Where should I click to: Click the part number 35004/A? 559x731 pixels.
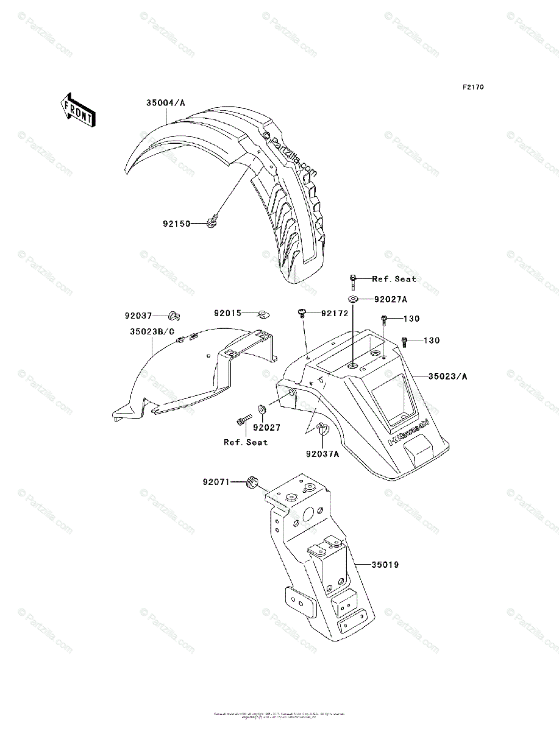165,103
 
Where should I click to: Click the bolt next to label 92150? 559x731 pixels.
213,224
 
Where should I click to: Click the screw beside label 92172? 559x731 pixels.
302,313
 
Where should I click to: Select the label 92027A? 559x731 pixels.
391,299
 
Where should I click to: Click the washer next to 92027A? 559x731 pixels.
354,299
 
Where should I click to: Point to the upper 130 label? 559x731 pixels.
411,319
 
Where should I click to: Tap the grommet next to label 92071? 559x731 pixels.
250,483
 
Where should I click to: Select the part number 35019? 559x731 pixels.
385,565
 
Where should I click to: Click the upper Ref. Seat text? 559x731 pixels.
394,278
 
